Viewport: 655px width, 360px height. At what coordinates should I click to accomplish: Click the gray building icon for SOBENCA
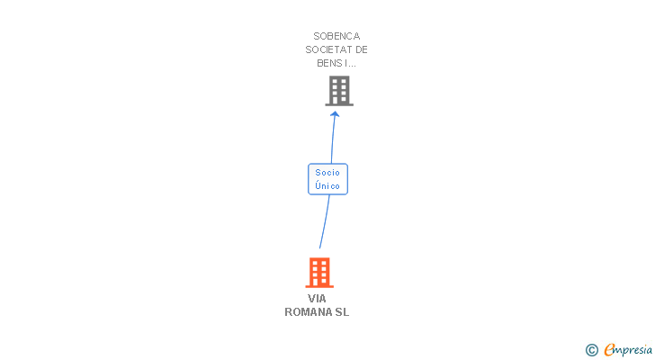tap(338, 91)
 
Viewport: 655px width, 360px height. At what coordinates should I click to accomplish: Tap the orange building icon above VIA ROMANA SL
tap(319, 272)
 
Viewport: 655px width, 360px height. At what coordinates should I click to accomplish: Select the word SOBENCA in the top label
tap(336, 36)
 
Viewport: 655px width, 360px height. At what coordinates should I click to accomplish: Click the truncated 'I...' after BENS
tap(351, 63)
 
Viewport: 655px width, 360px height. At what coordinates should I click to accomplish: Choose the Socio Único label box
tap(327, 179)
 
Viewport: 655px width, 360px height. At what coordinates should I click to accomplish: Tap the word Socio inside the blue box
tap(327, 173)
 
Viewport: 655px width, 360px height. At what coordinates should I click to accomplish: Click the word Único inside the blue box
tap(327, 185)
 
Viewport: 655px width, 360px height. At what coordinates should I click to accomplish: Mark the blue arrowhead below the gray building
tap(335, 114)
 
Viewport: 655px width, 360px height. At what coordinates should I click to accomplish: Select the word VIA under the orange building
tap(317, 298)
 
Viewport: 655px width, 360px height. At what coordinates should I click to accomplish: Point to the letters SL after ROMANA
tap(342, 311)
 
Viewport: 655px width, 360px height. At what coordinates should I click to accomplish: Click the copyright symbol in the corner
tap(592, 349)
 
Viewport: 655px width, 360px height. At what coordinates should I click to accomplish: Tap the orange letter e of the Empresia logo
tap(609, 349)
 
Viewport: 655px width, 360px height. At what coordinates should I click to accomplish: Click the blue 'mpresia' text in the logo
tap(633, 349)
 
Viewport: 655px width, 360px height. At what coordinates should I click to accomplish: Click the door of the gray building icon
tap(338, 101)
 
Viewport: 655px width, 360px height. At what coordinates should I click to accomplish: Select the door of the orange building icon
tap(319, 282)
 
